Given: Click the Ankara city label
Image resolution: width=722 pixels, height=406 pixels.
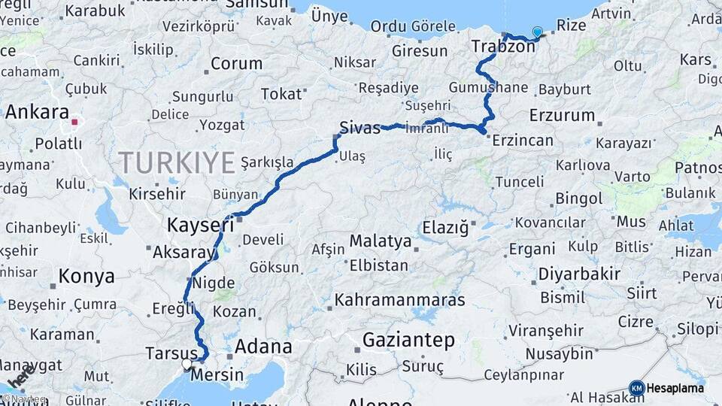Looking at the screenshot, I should pos(37,112).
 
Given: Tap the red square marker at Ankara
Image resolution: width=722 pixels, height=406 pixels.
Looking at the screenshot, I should pos(74,121).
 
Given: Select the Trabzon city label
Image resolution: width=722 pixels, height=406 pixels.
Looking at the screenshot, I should pos(503,47).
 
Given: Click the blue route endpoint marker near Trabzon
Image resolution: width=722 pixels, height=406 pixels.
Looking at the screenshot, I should pos(537,32).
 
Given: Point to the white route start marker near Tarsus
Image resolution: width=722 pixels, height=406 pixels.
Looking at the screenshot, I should pos(187,365).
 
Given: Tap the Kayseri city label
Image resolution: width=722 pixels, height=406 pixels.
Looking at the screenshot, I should pos(199,224).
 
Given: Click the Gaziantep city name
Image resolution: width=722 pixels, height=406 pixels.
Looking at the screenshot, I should pos(408,341).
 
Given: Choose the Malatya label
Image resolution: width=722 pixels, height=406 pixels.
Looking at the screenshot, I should pos(380,242).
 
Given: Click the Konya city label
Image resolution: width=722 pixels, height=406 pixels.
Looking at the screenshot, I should pos(86,276).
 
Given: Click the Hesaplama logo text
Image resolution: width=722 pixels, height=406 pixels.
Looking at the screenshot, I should pos(675,388).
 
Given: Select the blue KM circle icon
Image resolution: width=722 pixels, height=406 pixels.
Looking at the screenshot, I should pos(636,388).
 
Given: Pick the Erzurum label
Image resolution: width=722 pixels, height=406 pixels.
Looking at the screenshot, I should pos(561,116).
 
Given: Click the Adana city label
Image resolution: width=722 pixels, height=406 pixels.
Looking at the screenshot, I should pos(263,347).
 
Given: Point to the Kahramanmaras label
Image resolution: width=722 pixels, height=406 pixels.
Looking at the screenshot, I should pos(399,299).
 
